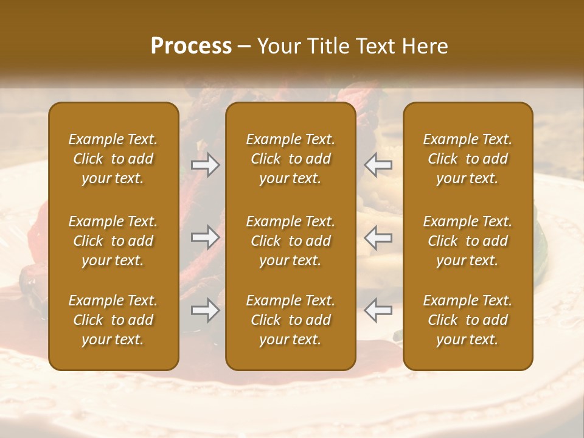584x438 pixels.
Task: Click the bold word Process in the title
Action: click(191, 46)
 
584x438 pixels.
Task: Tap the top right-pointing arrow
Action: click(206, 164)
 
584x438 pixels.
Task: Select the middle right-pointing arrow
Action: click(206, 237)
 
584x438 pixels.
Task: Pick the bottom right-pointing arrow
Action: click(206, 310)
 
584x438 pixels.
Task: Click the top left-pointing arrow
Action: click(378, 164)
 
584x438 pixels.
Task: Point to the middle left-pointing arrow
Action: click(378, 237)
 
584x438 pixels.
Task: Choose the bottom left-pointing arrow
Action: click(378, 310)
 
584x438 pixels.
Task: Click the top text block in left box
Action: click(113, 159)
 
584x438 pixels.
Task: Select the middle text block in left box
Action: click(113, 241)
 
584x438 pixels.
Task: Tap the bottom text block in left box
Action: click(113, 320)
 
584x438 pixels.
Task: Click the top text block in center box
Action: click(290, 159)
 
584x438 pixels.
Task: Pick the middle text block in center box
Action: click(290, 241)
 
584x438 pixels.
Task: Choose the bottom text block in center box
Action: click(290, 320)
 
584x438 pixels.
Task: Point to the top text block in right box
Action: click(467, 159)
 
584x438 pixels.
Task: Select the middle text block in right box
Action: click(467, 241)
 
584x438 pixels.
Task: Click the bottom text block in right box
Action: click(467, 320)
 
